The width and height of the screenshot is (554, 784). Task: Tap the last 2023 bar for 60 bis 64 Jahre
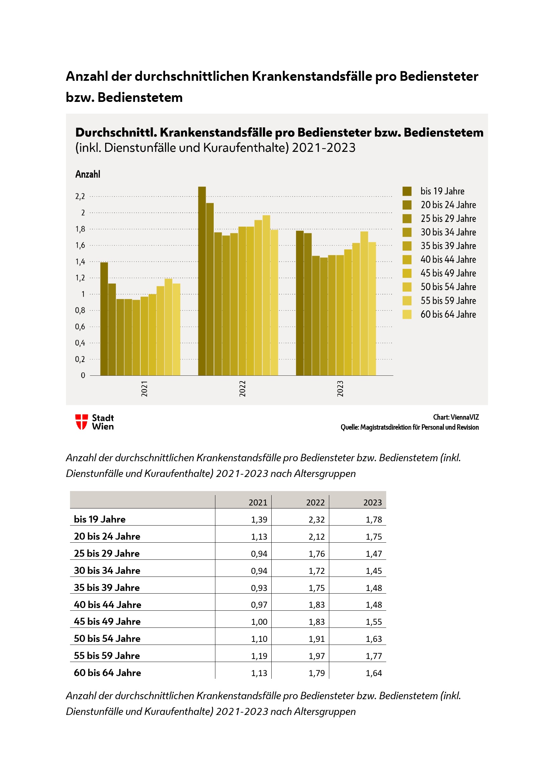372,309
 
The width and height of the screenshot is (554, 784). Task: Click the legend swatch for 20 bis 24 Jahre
407,205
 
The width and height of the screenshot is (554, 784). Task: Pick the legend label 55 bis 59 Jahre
448,300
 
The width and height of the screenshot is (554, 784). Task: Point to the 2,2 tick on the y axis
80,196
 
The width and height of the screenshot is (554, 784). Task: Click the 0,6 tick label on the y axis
80,327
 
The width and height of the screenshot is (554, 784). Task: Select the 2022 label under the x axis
242,388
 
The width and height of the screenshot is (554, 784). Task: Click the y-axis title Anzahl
88,174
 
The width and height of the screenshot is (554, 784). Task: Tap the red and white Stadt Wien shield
81,422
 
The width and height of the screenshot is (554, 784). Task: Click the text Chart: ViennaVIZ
456,417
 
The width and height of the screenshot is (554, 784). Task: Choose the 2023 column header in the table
372,502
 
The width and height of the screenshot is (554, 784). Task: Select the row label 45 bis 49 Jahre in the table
107,621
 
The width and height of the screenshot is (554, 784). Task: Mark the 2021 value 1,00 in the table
259,622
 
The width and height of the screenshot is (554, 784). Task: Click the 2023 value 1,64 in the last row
373,673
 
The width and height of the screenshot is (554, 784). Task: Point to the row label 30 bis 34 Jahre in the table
107,570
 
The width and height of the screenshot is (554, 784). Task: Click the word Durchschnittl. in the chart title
116,132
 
